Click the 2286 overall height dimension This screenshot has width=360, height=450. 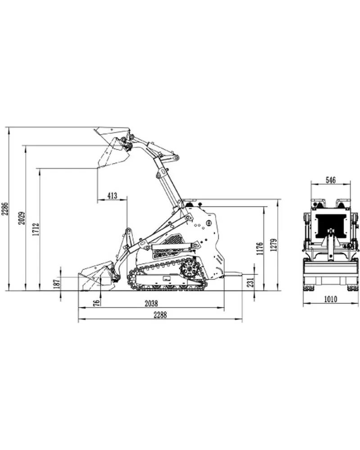(x=5, y=209)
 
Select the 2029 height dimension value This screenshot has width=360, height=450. (x=22, y=218)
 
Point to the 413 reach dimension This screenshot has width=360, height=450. (x=112, y=195)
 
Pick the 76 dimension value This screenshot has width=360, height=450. (x=97, y=303)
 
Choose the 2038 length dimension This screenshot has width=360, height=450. (x=151, y=303)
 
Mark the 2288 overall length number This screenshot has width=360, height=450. (x=160, y=315)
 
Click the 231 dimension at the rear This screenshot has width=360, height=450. (x=251, y=282)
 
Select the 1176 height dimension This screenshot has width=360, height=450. (x=260, y=249)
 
